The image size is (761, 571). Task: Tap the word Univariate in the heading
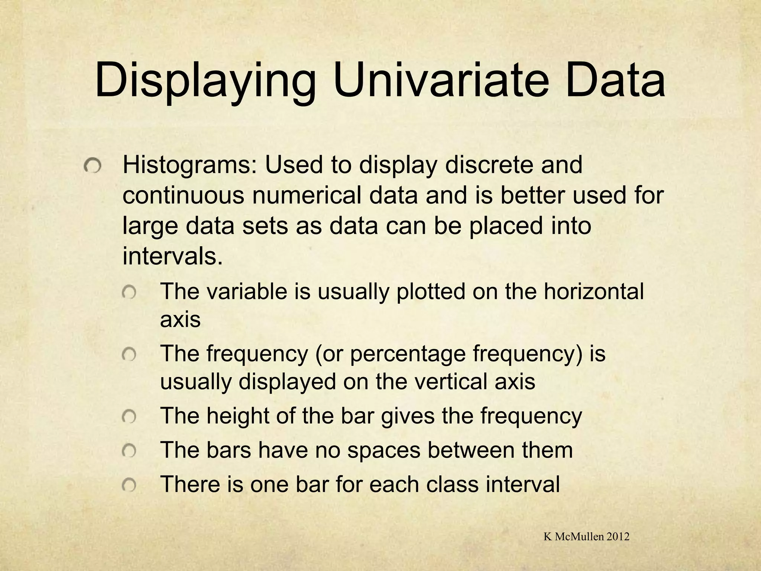(x=440, y=80)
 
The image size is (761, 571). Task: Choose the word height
(x=238, y=416)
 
